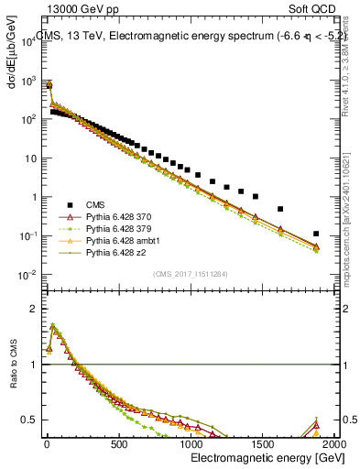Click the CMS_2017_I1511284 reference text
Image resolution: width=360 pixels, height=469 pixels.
(x=191, y=274)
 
